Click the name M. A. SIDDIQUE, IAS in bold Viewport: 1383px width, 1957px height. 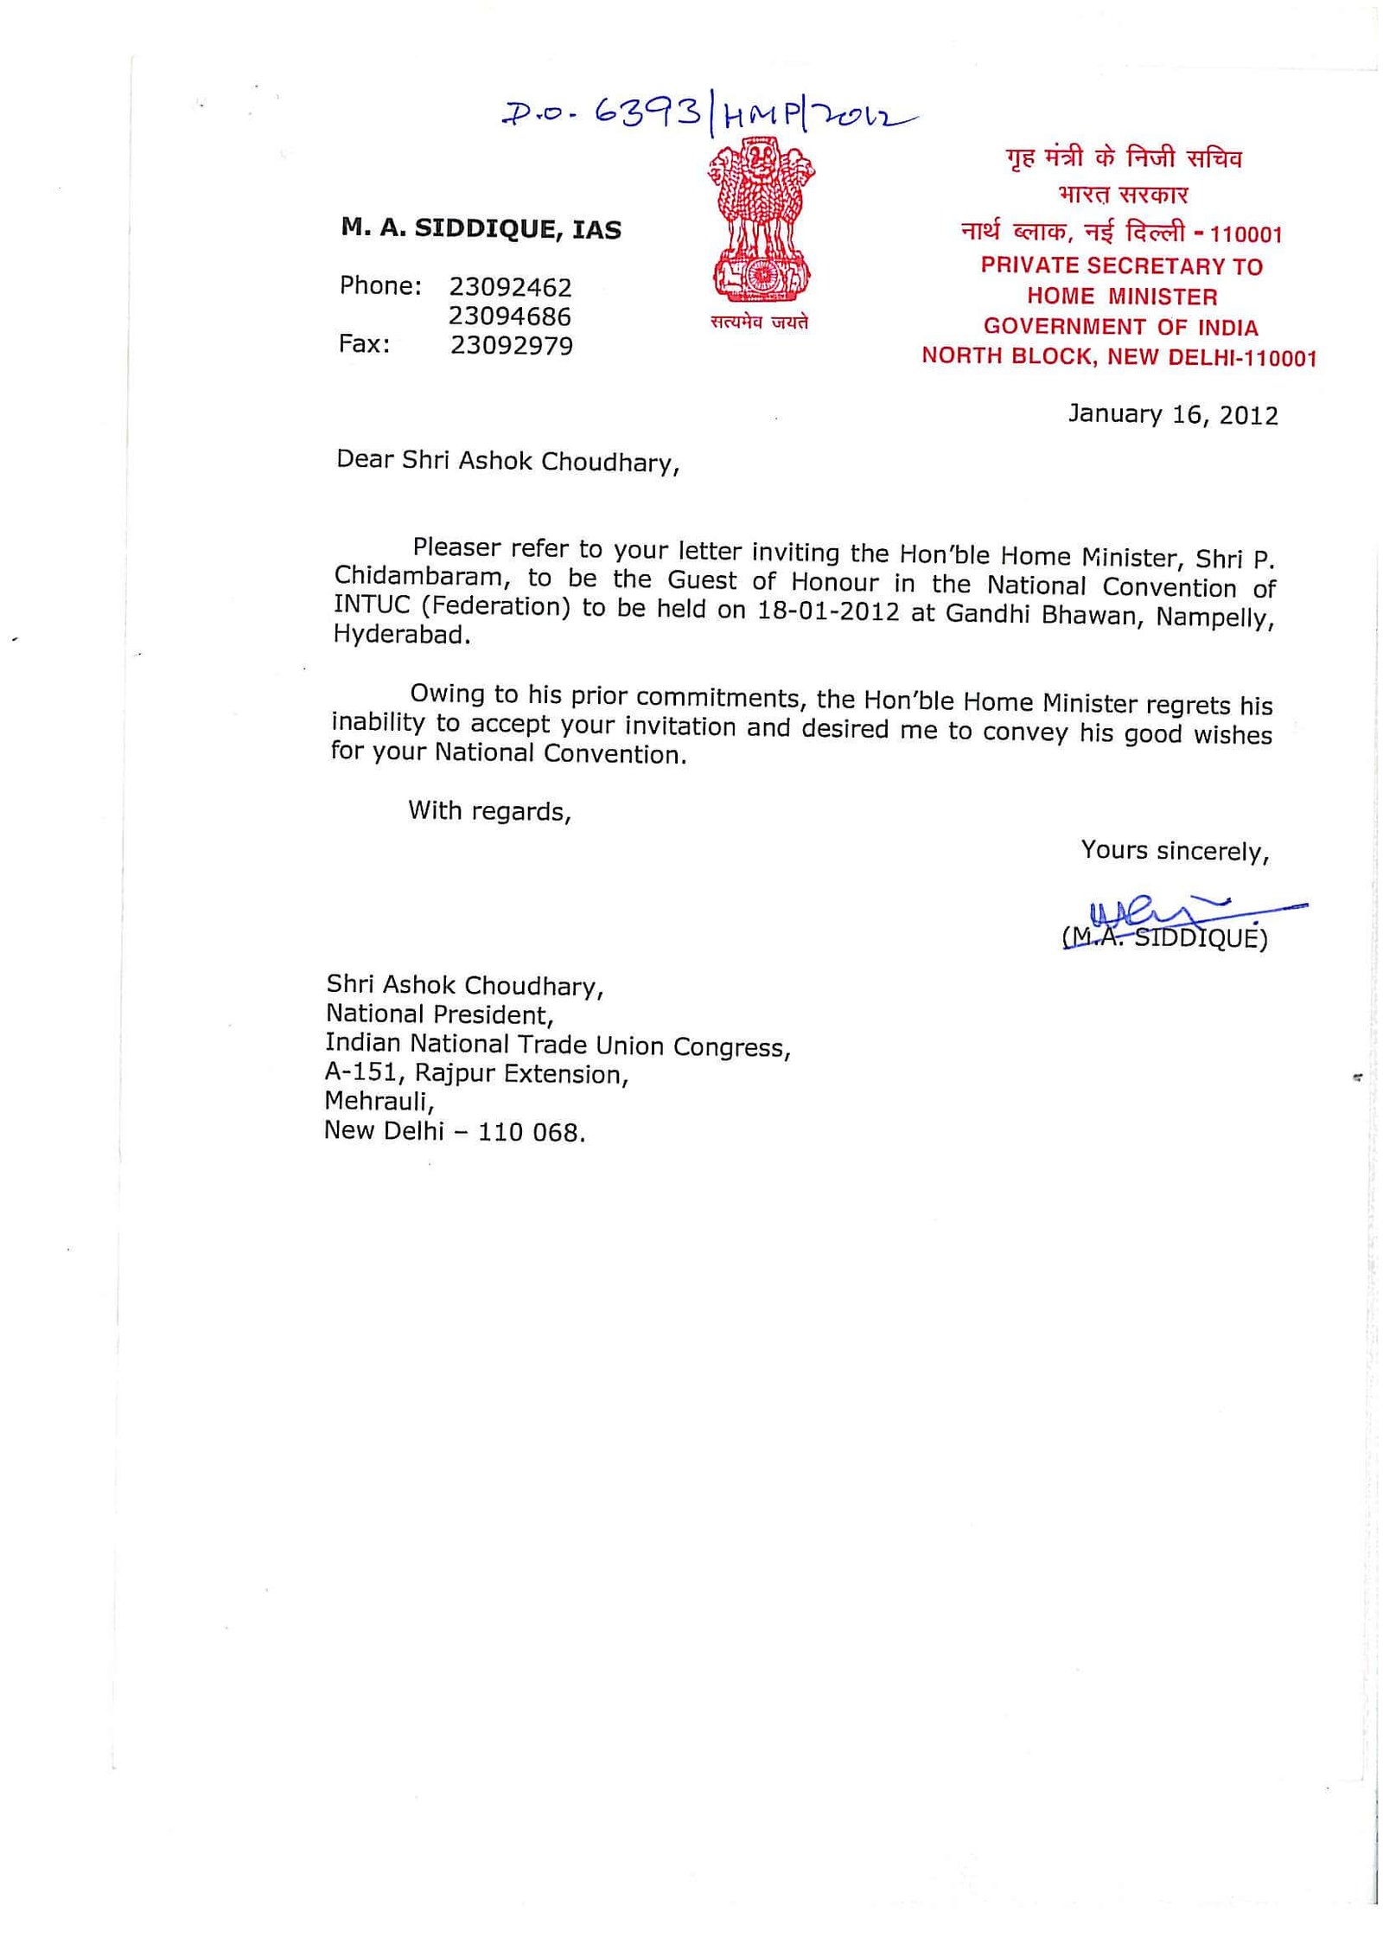(481, 228)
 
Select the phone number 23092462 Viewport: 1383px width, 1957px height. (510, 286)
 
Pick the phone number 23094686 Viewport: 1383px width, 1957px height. (509, 316)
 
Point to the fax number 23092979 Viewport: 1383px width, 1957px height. (511, 345)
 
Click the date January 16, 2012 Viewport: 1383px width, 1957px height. (1172, 414)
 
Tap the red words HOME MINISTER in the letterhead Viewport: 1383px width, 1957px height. (1121, 297)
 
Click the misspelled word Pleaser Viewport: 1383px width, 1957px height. (456, 547)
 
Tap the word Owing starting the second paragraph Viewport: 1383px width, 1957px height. (447, 694)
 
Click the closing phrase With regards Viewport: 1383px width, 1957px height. (489, 810)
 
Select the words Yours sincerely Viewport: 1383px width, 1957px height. (1174, 851)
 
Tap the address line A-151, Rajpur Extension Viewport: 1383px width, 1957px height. (476, 1073)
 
